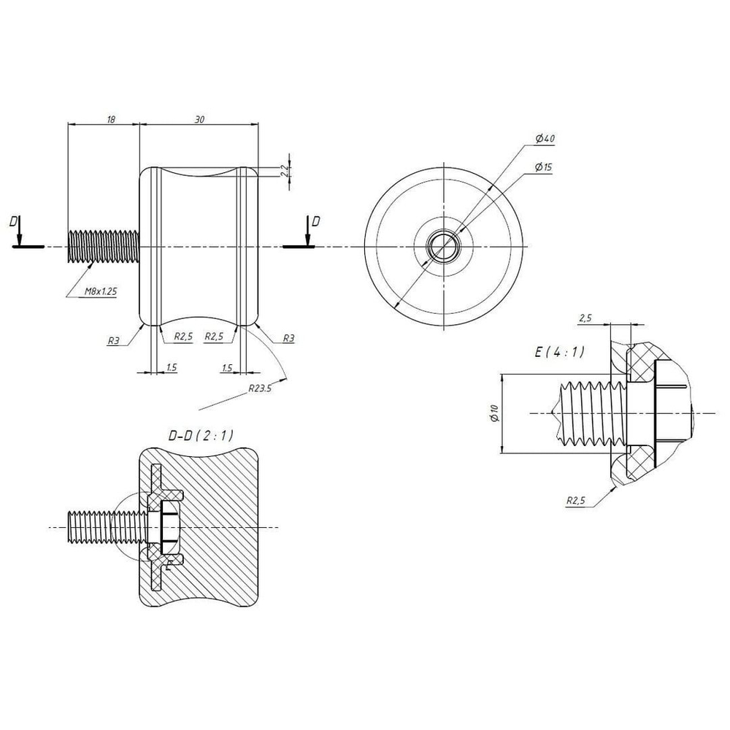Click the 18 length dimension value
point(111,120)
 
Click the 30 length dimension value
point(199,120)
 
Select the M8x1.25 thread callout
point(101,291)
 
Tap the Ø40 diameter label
point(545,139)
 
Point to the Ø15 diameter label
point(543,167)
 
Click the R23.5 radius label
point(259,388)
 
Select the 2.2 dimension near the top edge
point(285,170)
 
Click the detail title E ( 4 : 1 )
point(559,352)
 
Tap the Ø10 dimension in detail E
point(494,413)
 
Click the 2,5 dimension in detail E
point(585,318)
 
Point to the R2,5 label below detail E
point(576,501)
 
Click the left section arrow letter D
point(13,222)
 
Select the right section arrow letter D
point(315,221)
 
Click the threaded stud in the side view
point(104,247)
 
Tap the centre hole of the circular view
point(444,246)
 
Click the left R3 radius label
point(113,340)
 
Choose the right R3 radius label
point(288,339)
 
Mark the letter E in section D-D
point(169,565)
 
